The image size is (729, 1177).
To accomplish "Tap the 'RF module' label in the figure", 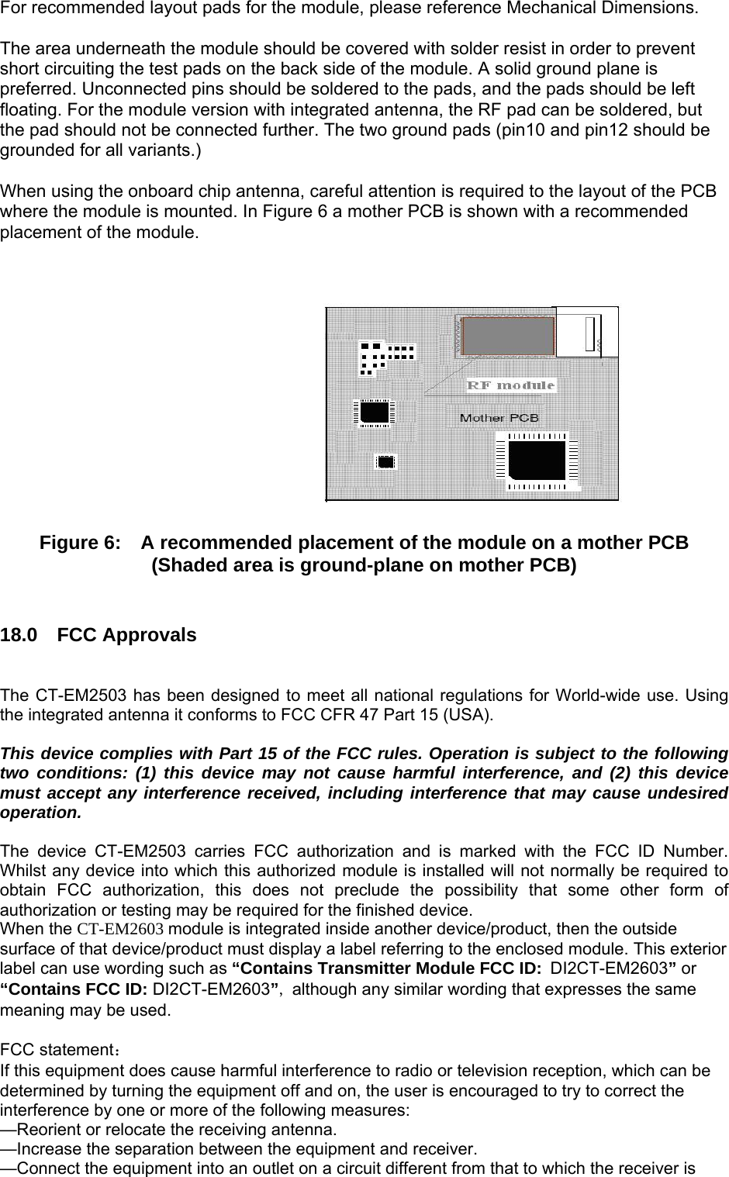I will [x=510, y=385].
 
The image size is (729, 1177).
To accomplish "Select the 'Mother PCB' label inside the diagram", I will [x=499, y=418].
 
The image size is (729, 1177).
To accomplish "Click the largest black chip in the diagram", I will [x=538, y=459].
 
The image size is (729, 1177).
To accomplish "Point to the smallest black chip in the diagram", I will [x=385, y=462].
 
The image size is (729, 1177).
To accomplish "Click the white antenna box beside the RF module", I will [x=588, y=331].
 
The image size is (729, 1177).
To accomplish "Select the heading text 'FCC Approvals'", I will [x=127, y=636].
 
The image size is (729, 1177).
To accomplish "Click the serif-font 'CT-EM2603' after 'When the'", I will [x=120, y=929].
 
